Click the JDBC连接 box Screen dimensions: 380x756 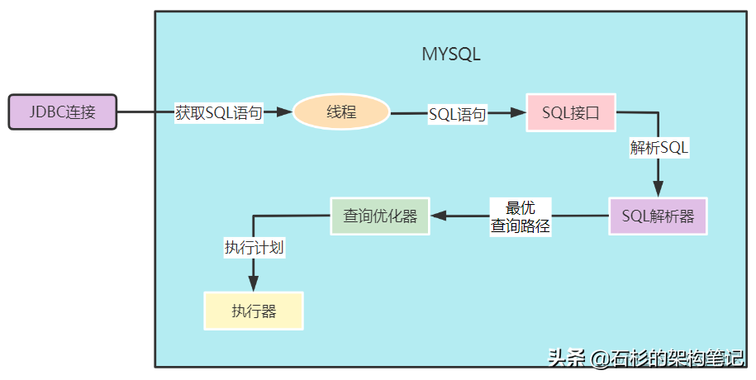point(63,112)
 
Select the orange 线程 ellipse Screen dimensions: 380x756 point(341,112)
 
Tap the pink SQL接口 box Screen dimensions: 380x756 point(571,112)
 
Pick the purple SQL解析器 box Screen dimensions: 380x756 point(658,216)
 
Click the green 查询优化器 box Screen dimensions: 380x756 point(380,216)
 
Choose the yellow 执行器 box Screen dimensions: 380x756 point(254,311)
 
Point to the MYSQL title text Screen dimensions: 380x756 point(451,55)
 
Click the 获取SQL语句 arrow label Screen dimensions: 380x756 point(218,113)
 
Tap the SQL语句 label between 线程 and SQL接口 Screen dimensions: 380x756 point(457,114)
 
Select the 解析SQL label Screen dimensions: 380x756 point(659,149)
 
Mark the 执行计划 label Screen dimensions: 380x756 point(254,247)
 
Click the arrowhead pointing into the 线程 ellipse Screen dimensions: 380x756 point(286,112)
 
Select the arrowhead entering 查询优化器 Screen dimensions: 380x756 point(438,216)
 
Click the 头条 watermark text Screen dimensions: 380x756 point(566,359)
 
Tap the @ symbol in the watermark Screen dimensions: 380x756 point(599,359)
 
